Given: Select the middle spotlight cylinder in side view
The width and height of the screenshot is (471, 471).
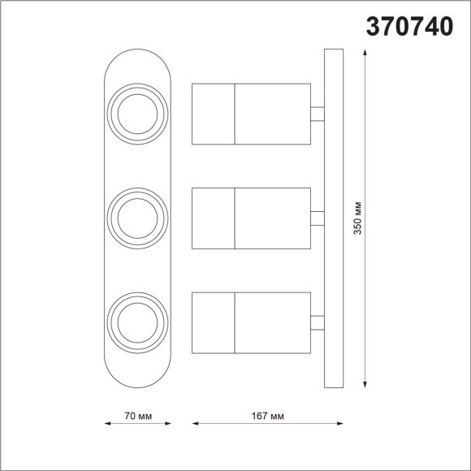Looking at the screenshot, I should pyautogui.click(x=251, y=217).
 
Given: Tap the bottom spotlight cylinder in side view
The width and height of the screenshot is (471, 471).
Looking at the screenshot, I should pyautogui.click(x=251, y=322).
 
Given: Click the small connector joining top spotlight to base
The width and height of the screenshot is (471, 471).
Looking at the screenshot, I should pyautogui.click(x=318, y=113).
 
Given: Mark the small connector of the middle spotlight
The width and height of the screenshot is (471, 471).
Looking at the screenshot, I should pyautogui.click(x=318, y=217).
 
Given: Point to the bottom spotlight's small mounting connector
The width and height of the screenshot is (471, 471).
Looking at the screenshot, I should pyautogui.click(x=318, y=322).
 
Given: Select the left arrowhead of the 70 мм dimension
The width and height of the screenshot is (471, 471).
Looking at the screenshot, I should pyautogui.click(x=108, y=423).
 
